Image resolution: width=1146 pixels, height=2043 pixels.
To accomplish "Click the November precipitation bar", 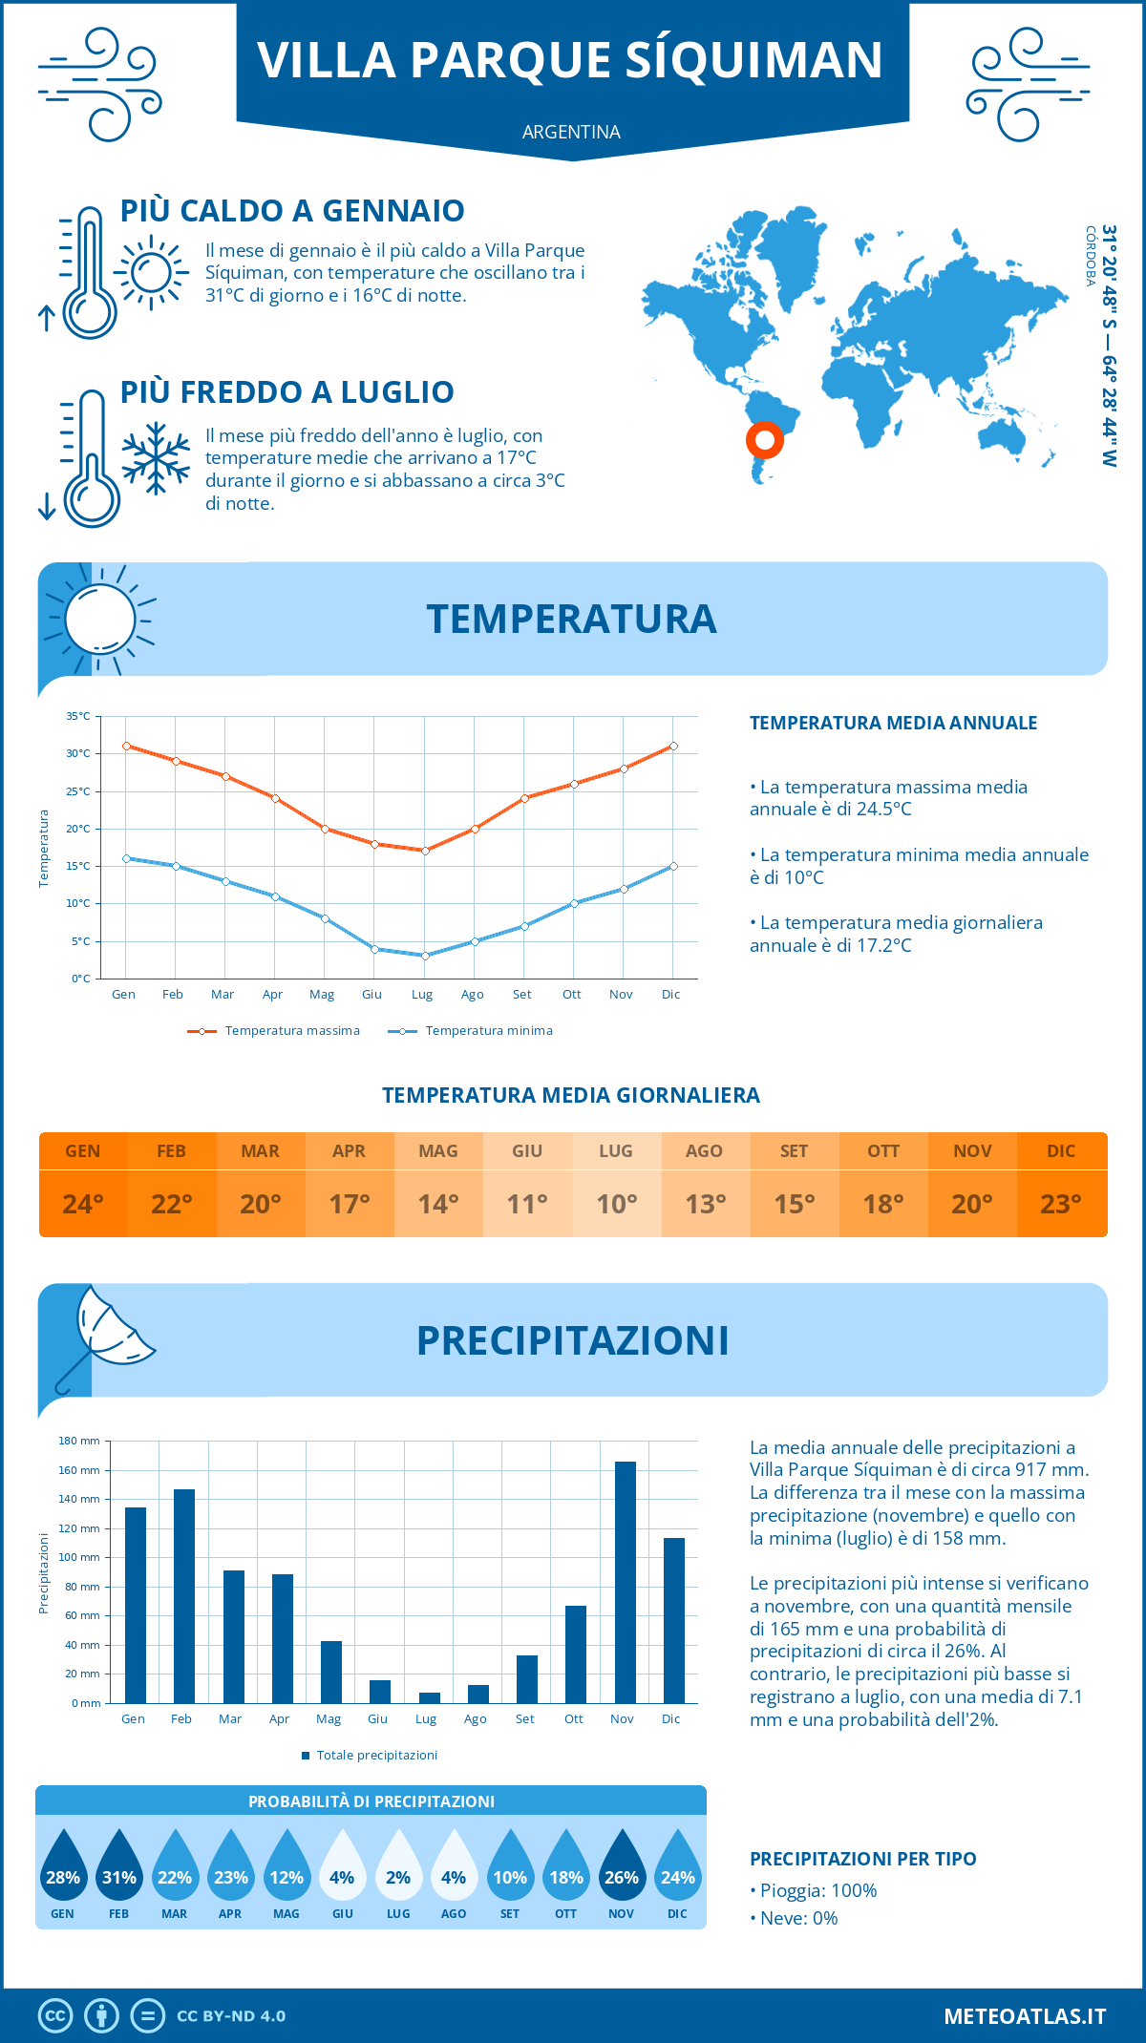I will pos(625,1582).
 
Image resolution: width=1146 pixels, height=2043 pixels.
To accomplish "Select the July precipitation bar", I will pos(430,1697).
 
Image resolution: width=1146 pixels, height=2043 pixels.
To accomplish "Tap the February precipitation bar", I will pos(184,1595).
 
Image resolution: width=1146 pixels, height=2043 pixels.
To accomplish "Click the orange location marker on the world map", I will pos(764,440).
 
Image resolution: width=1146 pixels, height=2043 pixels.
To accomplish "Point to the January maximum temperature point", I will pos(126,746).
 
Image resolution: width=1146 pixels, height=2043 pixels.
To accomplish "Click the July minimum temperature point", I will pos(425,956).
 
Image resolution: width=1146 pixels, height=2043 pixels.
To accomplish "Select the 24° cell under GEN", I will pos(83,1204).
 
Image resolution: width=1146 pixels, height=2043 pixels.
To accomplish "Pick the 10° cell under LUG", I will pos(616,1204).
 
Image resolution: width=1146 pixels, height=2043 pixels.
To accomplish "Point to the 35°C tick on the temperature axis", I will pos(78,716).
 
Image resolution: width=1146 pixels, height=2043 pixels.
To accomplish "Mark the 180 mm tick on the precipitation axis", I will pos(80,1441).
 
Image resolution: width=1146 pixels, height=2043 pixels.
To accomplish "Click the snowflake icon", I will pos(156,457).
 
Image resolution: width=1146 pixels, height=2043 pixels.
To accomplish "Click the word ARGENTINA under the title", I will pos(571,132).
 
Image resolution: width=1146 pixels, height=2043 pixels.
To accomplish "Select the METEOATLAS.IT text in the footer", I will pos(1024,2015).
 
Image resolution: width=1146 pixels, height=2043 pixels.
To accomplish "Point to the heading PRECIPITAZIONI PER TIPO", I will pos(862,1859).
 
